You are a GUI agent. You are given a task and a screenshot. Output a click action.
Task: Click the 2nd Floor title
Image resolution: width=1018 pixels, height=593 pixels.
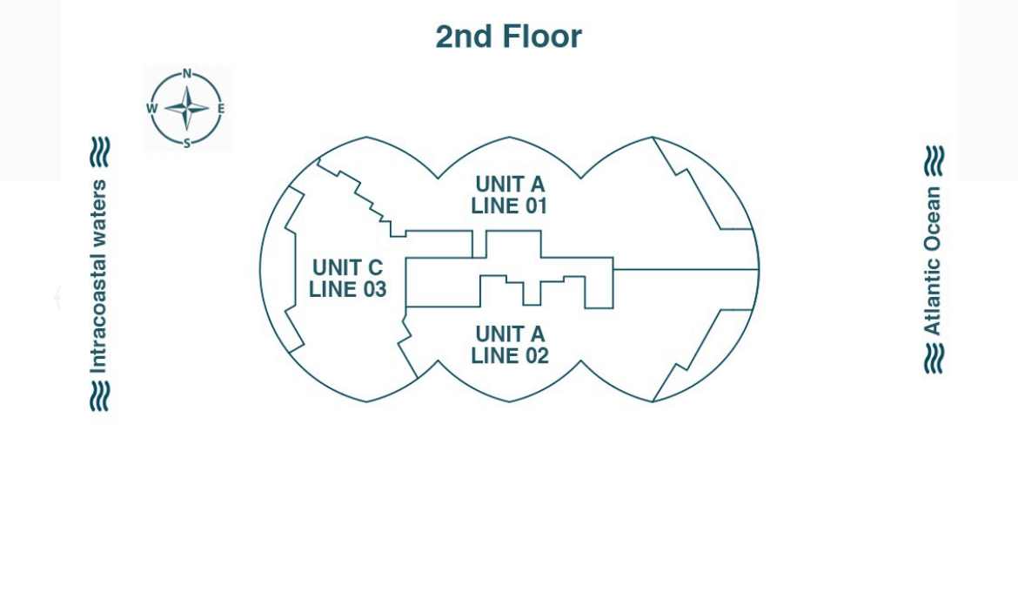[x=508, y=37]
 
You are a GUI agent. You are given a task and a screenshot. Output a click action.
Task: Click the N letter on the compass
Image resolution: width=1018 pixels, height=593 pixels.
[x=187, y=74]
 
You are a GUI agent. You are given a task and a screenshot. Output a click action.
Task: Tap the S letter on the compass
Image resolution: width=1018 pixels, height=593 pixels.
[x=187, y=144]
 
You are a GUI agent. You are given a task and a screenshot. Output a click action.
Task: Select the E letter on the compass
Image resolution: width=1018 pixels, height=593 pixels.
[x=221, y=109]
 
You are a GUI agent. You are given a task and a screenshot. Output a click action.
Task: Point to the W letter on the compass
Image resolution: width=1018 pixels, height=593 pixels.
[x=152, y=109]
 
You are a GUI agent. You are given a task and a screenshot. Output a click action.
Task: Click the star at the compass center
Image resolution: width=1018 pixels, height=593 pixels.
[x=187, y=109]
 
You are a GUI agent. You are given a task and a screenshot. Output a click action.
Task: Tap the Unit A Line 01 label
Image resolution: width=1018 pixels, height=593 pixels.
[x=510, y=195]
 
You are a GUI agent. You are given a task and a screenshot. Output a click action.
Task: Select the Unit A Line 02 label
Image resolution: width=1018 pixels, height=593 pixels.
[x=510, y=345]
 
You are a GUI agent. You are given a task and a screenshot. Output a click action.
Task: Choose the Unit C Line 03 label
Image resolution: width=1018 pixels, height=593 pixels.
[x=347, y=279]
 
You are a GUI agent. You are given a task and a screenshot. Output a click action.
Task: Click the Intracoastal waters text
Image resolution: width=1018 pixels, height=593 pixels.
[x=99, y=276]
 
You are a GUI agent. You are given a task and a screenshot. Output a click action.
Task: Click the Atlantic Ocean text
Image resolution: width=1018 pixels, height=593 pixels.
[x=933, y=260]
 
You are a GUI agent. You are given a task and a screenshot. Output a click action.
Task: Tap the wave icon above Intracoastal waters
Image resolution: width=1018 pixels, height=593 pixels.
[x=100, y=152]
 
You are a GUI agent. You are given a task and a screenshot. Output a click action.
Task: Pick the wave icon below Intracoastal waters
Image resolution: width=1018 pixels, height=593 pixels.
[x=100, y=396]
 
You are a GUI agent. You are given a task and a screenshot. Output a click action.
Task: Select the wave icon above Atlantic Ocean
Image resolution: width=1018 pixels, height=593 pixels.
[x=934, y=161]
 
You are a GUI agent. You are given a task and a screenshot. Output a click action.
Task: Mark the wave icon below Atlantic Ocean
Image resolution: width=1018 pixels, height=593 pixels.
[x=934, y=358]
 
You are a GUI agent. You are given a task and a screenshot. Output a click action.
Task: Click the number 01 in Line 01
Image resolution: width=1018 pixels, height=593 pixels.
[x=535, y=206]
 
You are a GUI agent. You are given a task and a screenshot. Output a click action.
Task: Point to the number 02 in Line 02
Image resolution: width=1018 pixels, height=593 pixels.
[x=535, y=356]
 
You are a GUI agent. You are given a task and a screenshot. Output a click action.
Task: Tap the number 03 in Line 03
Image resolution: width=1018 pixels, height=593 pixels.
[x=372, y=290]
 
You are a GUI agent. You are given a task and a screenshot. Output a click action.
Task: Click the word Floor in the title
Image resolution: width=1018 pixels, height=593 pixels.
[x=542, y=37]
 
